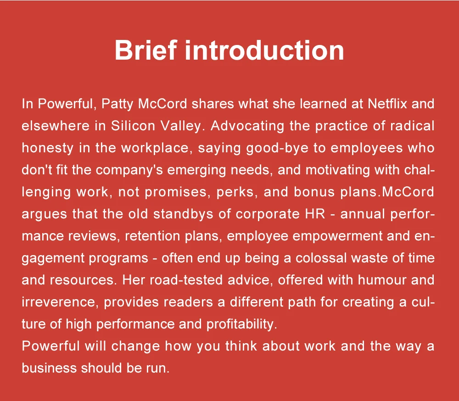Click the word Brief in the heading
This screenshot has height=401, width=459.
pos(146,50)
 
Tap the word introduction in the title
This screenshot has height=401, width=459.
pos(265,50)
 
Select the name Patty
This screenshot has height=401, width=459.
pos(118,104)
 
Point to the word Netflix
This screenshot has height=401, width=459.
pos(387,104)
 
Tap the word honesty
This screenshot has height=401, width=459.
pos(47,148)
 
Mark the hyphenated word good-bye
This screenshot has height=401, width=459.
pos(277,148)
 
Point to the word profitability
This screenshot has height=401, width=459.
pos(242,324)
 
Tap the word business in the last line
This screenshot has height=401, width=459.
pos(49,368)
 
